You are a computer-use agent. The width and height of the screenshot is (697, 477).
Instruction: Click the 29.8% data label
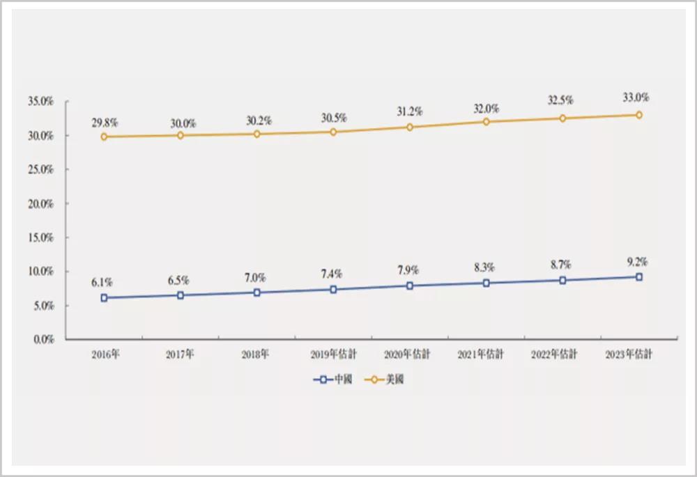pos(104,123)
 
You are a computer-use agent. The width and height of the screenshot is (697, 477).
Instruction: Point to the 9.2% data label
pos(637,263)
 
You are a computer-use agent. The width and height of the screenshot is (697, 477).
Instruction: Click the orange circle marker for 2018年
pos(257,134)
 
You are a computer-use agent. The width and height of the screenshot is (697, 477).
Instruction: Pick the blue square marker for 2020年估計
pos(410,286)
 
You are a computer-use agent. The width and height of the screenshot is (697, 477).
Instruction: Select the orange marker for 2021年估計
pos(486,122)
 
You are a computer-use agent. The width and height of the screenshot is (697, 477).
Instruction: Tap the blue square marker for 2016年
pos(104,297)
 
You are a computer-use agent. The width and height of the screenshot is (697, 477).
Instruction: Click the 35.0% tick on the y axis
pos(41,102)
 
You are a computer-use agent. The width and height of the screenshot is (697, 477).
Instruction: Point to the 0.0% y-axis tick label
pos(43,340)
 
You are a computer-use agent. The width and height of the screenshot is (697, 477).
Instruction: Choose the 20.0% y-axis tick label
pos(41,204)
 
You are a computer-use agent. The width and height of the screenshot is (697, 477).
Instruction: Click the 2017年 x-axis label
pos(180,354)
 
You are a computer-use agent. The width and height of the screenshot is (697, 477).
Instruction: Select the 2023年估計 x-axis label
pos(629,354)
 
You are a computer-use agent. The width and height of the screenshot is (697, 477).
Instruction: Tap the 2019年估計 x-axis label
pos(333,354)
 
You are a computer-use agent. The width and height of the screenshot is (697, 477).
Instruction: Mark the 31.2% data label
pos(410,111)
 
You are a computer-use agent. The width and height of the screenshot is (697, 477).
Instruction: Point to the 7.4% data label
pos(333,274)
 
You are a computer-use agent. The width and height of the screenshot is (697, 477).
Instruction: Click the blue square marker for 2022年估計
pos(562,280)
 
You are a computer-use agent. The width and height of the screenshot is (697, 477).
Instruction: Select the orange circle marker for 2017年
pos(181,135)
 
